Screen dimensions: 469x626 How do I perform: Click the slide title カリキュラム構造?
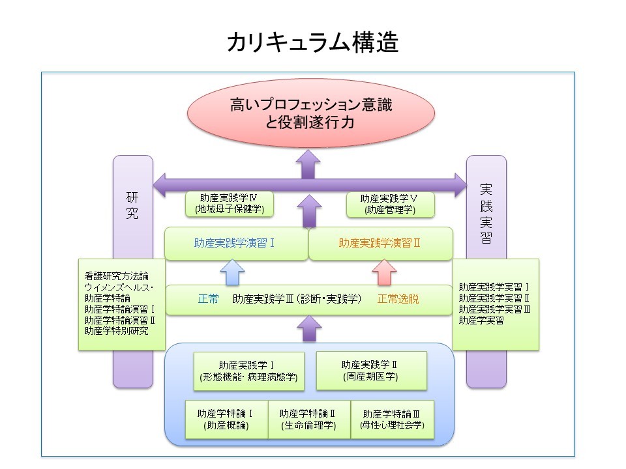click(313, 43)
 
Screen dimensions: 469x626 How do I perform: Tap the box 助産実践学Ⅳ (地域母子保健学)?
click(229, 203)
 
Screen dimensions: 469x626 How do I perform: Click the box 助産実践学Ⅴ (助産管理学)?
click(390, 204)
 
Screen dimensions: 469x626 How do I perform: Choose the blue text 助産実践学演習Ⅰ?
click(234, 243)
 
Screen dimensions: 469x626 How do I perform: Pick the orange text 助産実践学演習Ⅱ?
click(379, 243)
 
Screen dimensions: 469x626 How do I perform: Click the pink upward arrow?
click(385, 272)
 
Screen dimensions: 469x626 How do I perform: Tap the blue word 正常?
click(209, 300)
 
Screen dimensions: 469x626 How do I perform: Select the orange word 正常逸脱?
click(398, 300)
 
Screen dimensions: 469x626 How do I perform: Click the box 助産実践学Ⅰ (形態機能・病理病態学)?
click(249, 371)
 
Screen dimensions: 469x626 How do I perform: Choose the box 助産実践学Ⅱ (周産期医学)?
click(370, 370)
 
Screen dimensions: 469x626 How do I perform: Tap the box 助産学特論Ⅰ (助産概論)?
click(226, 419)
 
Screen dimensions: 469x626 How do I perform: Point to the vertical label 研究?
click(132, 205)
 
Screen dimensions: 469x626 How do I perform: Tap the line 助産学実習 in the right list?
click(481, 320)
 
